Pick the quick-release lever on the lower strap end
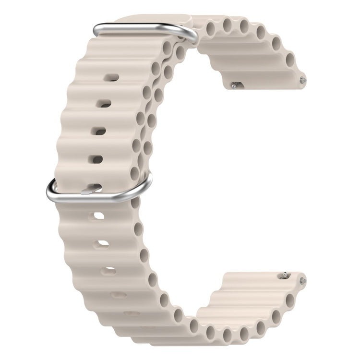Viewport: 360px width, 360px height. pos(285,275)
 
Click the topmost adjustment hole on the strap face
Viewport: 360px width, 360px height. pos(112,77)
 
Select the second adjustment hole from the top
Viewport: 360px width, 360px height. pos(104,103)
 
